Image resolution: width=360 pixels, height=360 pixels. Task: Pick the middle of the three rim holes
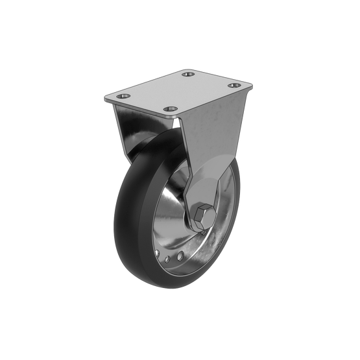tap(167, 259)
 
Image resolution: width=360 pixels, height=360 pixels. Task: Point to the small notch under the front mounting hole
tap(179, 118)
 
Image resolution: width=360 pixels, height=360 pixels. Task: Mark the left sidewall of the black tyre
tap(123, 221)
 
